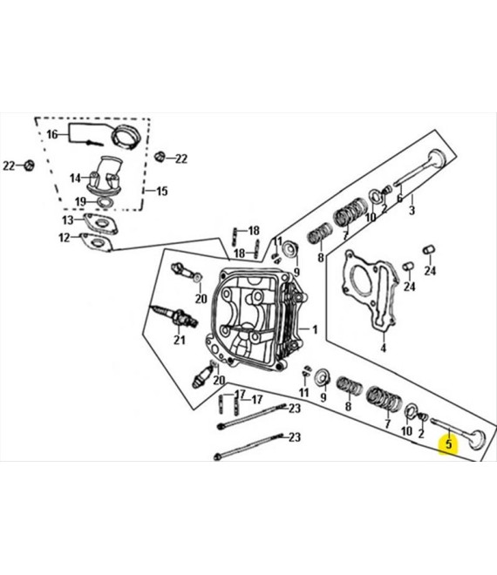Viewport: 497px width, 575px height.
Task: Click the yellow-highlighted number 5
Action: (448, 444)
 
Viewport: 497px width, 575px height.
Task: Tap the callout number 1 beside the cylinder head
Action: (315, 329)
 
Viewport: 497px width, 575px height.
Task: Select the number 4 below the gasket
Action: (383, 348)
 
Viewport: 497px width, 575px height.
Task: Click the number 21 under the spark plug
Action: (180, 341)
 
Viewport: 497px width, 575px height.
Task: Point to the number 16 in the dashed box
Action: (52, 134)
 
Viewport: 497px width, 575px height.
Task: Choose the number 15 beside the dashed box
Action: (162, 191)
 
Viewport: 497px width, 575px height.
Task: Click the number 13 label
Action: (68, 220)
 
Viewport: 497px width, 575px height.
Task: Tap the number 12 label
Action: (65, 238)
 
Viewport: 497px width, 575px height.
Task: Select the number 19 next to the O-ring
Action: (80, 201)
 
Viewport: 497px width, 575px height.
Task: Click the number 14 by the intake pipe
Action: (75, 179)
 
